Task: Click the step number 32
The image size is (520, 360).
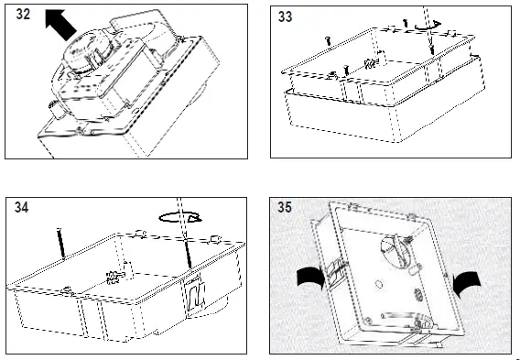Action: (23, 15)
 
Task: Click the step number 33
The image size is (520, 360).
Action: (286, 16)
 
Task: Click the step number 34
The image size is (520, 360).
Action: (22, 207)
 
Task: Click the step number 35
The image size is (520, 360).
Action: (285, 207)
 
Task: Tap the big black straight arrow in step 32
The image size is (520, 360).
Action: (60, 24)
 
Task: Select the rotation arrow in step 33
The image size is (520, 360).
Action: (428, 26)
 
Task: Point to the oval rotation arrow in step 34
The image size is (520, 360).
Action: (180, 218)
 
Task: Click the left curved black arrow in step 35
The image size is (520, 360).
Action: (311, 277)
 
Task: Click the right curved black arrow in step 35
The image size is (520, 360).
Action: (467, 283)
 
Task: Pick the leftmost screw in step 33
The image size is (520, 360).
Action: (329, 41)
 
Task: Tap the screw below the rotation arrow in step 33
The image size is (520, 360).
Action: (432, 49)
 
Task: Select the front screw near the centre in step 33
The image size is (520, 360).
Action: (346, 70)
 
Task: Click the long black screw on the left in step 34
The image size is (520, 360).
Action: (61, 243)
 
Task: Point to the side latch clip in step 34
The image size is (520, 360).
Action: (195, 296)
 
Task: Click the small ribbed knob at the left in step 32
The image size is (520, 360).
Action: (56, 110)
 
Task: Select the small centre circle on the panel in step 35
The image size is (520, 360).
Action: (378, 284)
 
